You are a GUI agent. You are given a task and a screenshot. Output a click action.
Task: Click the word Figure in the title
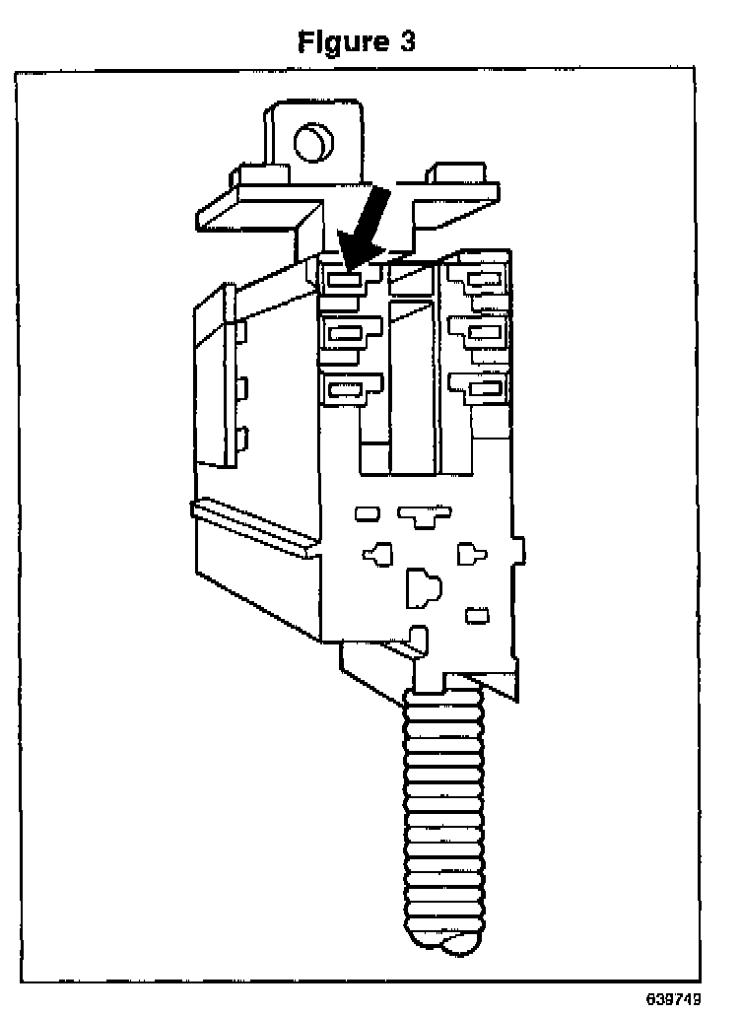click(x=342, y=42)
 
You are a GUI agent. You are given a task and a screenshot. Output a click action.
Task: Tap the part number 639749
click(x=675, y=998)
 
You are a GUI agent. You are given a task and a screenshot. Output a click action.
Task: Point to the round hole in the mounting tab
click(x=313, y=142)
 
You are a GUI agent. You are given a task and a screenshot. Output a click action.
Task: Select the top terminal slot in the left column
click(x=344, y=280)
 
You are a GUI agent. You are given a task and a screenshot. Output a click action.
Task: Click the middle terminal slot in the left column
click(x=344, y=334)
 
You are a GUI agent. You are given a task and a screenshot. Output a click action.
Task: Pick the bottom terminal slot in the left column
click(x=344, y=389)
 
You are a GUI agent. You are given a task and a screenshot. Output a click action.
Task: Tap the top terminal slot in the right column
click(x=484, y=280)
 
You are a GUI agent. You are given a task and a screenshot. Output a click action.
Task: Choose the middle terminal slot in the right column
click(x=484, y=332)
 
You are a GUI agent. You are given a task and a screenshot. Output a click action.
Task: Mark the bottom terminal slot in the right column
click(x=484, y=389)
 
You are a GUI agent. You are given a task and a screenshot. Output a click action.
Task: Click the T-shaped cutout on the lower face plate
click(x=425, y=514)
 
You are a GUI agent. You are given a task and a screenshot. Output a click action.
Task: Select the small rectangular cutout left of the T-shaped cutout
click(x=366, y=513)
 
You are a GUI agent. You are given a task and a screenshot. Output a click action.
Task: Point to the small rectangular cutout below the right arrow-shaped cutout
click(x=477, y=616)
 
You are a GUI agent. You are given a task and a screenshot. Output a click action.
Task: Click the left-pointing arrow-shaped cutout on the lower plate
click(x=377, y=555)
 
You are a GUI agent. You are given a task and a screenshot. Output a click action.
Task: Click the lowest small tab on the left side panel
click(x=241, y=440)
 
